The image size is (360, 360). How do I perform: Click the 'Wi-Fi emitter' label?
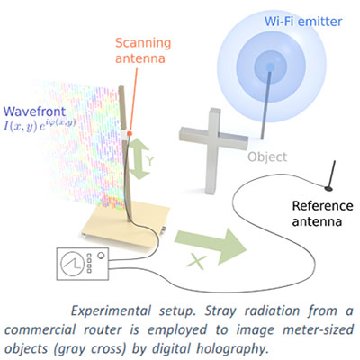pos(303,22)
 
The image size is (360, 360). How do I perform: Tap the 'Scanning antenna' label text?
pos(143,50)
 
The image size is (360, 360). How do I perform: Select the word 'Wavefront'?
pos(34,112)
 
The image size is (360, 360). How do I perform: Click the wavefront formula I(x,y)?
pos(40,124)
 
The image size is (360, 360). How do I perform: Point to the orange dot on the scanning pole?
pos(130,133)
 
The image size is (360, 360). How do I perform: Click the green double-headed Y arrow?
pos(139,158)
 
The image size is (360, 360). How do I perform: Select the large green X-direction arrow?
pos(211,246)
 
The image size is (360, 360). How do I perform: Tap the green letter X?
pos(197,262)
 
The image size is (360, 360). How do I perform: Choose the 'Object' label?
pos(267,157)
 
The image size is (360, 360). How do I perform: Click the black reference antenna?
pos(330,176)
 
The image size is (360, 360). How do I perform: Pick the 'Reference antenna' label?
pos(322,213)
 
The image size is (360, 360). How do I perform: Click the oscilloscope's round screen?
pos(72,264)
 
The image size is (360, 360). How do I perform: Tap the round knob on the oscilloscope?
pos(102,256)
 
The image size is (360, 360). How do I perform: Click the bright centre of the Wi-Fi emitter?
pos(270,67)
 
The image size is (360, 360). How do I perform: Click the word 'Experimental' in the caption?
pos(111,310)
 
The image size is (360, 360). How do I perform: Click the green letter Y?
pos(150,161)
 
